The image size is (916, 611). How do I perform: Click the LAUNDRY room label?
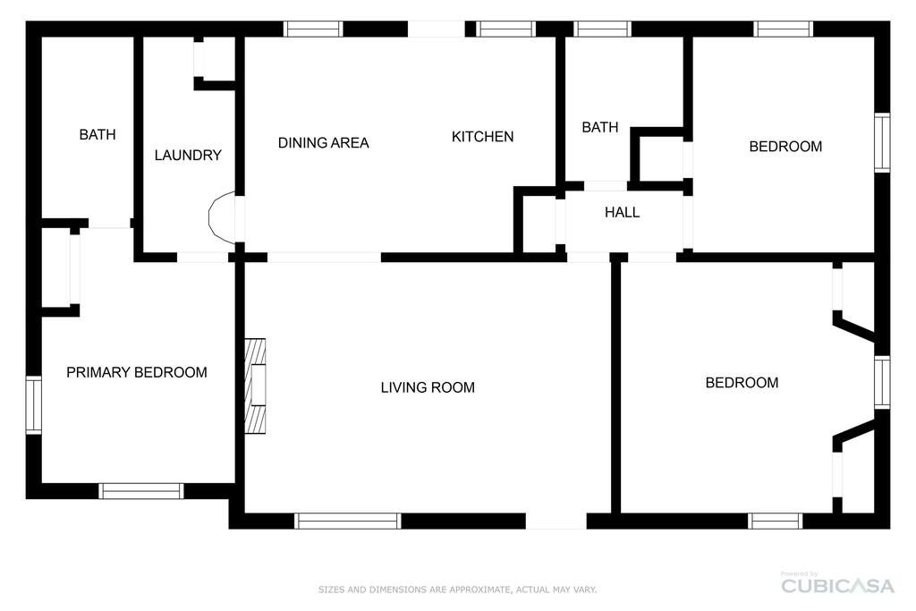188,155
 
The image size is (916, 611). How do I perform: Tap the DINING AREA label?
323,142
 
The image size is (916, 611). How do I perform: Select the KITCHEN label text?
482,136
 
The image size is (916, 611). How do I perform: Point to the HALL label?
623,212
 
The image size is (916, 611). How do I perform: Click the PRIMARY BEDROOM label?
137,372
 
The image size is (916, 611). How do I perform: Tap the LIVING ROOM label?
428,387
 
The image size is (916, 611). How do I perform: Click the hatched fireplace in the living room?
255,386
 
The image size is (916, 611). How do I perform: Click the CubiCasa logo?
837,585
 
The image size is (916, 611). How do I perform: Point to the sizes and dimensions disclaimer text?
457,590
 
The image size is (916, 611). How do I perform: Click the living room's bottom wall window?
348,521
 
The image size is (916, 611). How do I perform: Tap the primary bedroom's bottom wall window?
140,491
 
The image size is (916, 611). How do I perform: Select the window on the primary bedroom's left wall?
34,405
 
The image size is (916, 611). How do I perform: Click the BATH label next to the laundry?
98,134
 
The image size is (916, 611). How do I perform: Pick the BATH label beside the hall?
600,127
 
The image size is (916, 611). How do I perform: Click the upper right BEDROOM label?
785,146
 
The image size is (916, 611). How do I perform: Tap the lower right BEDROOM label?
742,383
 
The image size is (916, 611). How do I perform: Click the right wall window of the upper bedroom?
882,142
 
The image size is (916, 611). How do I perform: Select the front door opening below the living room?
556,521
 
